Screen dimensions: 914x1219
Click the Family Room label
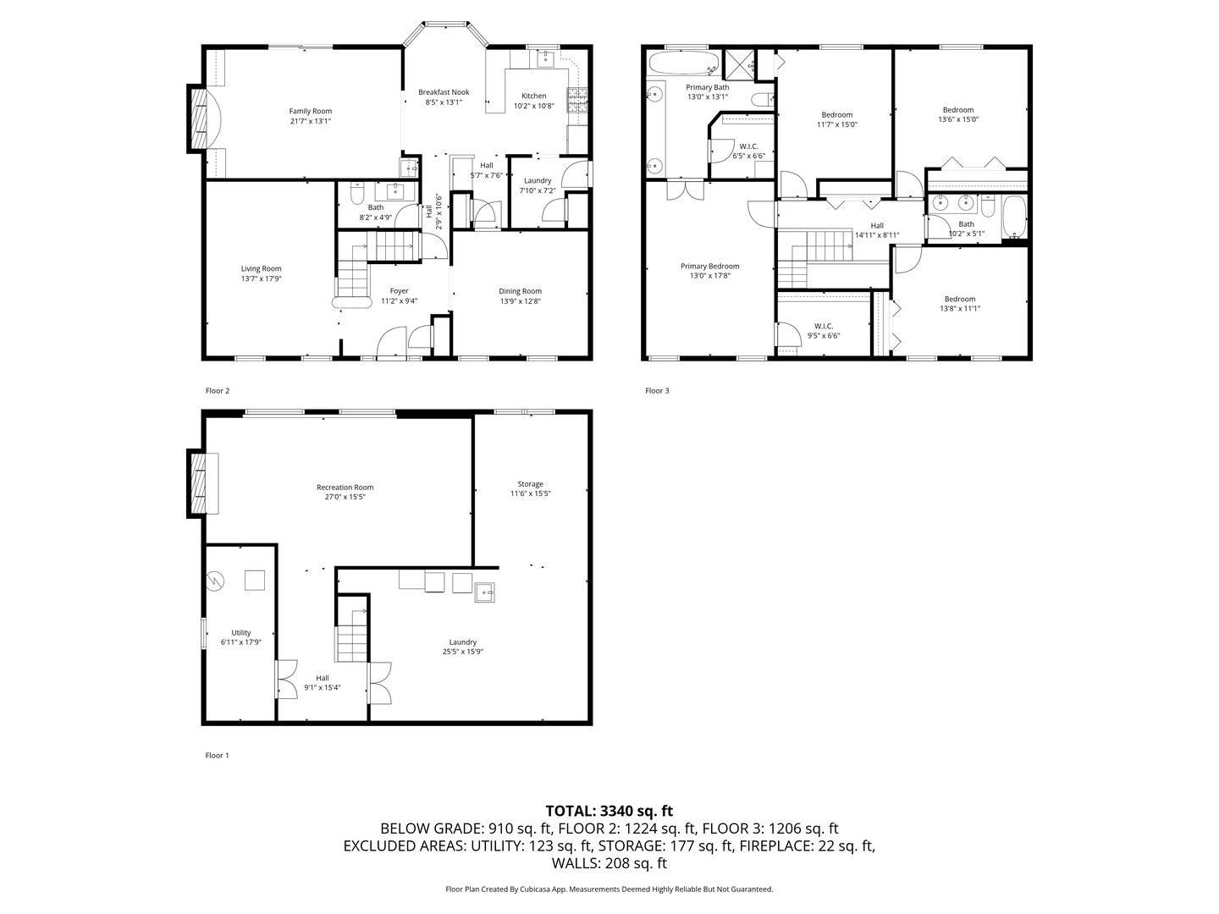(310, 111)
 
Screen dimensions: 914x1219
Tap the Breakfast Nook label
(444, 92)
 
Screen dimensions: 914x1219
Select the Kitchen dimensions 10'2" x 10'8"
(533, 107)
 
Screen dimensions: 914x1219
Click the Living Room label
(261, 269)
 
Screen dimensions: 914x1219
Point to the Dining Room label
(520, 291)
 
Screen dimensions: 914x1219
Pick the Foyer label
(399, 291)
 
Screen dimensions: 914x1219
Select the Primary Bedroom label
(709, 266)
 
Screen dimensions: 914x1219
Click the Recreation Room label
(345, 487)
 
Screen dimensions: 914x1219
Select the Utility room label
(241, 632)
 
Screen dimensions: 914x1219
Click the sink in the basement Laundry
(485, 591)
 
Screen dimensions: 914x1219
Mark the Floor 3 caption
(657, 391)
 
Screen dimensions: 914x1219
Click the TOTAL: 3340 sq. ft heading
(609, 811)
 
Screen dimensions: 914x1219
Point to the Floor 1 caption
(218, 756)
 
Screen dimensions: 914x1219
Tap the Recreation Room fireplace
(199, 483)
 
